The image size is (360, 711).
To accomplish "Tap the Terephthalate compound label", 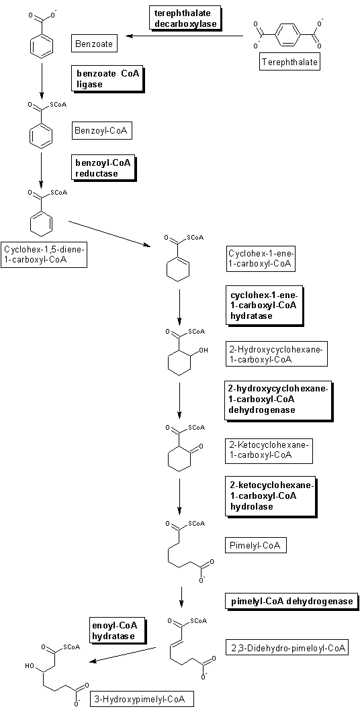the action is [x=289, y=62].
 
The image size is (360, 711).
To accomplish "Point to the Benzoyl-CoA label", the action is [x=101, y=132].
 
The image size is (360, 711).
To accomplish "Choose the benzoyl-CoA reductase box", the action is [x=104, y=167].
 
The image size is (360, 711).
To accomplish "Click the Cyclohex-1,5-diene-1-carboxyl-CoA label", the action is [x=44, y=254].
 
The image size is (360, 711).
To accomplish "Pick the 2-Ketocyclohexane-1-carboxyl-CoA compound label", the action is [x=269, y=451].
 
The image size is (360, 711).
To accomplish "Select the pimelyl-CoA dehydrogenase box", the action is [x=291, y=602].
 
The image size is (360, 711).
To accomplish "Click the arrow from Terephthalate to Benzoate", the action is [x=185, y=36].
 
